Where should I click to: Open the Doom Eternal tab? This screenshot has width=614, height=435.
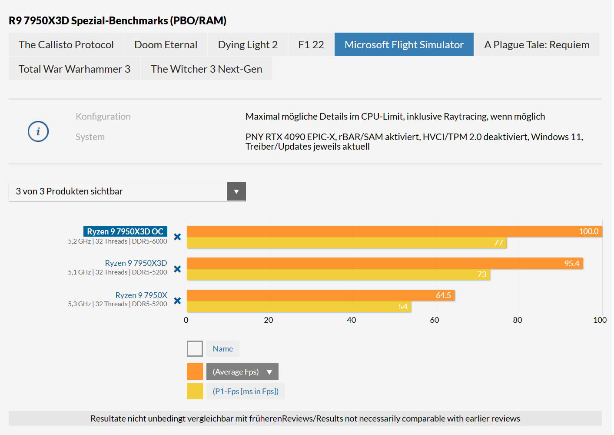pos(166,45)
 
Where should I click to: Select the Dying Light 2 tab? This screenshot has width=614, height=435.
pos(248,45)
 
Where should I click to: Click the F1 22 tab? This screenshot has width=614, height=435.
pos(311,45)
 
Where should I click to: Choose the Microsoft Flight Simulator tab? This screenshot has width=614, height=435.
pos(404,45)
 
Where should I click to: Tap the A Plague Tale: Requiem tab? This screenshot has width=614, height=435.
pos(537,45)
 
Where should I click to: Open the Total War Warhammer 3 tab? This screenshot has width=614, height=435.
pos(74,69)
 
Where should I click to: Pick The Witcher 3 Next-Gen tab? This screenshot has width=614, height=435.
pos(206,69)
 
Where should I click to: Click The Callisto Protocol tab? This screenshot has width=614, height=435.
pos(66,45)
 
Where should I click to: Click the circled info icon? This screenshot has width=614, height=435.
pos(38,131)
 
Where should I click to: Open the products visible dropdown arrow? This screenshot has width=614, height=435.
pos(236,191)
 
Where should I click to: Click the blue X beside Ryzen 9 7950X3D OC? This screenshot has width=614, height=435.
pos(177,237)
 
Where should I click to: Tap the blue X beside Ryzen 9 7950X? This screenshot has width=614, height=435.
pos(177,301)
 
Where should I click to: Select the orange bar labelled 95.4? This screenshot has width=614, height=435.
pos(385,263)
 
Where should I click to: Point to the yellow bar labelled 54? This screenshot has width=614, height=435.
pos(299,307)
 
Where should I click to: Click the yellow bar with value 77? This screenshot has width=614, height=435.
pos(346,243)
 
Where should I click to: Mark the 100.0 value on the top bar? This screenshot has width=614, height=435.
pos(588,231)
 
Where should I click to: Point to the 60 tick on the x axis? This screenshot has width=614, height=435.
pos(435,320)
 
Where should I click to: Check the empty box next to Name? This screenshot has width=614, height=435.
pos(195,349)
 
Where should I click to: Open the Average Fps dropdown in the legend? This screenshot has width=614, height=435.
pos(242,372)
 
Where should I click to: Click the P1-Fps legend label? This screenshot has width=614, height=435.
pos(246,391)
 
